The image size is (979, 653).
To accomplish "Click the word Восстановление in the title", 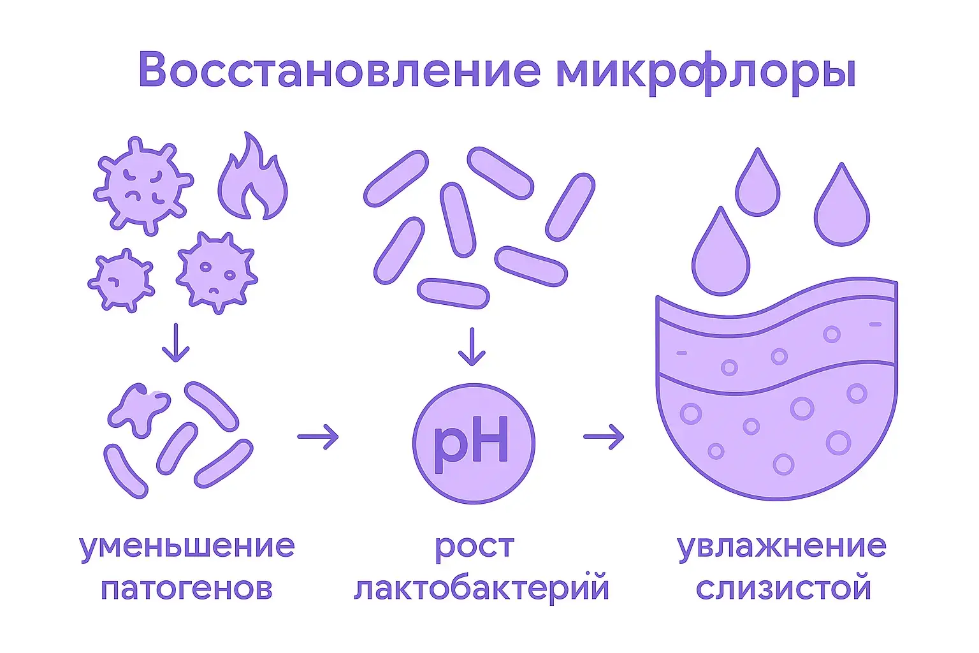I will (x=338, y=70).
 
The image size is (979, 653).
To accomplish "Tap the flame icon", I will (x=252, y=179).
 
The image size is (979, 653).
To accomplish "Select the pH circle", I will (x=473, y=444).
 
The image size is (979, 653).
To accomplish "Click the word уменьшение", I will (x=187, y=547).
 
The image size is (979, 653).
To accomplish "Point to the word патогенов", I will (x=187, y=588).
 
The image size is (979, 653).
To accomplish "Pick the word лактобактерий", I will (x=481, y=588).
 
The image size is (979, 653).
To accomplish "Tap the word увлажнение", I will (x=781, y=547).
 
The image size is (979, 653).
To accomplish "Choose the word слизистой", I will (x=783, y=588).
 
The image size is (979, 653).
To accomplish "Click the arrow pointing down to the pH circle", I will (x=472, y=347).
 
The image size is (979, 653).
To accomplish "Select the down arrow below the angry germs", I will (x=175, y=342).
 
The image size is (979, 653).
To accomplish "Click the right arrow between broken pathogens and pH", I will (x=318, y=437).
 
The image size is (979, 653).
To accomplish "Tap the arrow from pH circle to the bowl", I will (x=604, y=437).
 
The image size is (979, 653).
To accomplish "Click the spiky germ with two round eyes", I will (x=216, y=272).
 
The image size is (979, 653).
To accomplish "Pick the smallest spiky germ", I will (x=120, y=281).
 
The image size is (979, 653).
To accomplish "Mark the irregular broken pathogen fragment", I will (x=137, y=408).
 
